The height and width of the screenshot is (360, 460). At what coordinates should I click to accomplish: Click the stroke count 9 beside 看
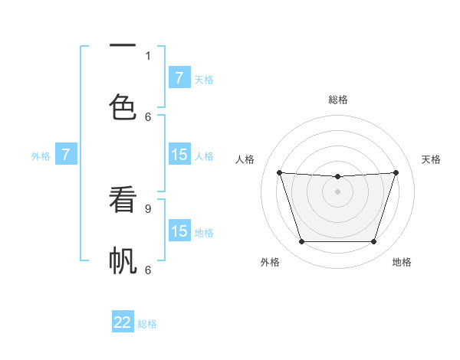click(148, 208)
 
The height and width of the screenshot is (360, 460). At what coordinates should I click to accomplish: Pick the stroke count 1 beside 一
click(148, 55)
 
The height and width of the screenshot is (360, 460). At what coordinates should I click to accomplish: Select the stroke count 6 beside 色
click(148, 116)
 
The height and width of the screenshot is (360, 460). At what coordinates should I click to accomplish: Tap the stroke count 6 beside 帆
click(148, 270)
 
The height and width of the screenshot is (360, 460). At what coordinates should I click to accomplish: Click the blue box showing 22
click(123, 322)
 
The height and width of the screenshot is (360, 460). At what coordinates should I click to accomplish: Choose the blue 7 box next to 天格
click(179, 78)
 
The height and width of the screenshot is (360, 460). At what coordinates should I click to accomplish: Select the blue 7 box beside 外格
click(66, 155)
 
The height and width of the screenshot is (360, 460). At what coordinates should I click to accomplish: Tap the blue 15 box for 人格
click(179, 155)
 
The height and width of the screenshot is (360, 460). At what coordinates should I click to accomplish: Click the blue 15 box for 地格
click(179, 231)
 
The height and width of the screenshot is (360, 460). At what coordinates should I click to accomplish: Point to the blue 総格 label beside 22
click(147, 324)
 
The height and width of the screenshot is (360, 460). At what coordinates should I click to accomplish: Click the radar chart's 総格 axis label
click(337, 100)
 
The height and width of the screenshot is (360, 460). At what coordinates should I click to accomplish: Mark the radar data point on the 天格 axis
click(396, 172)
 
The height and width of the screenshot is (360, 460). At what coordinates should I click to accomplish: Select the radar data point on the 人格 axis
click(280, 172)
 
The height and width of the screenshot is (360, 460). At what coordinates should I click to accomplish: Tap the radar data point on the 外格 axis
click(301, 242)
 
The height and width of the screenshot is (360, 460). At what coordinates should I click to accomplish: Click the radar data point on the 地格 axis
click(374, 242)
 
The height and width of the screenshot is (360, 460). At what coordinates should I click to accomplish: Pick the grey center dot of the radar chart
click(337, 191)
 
